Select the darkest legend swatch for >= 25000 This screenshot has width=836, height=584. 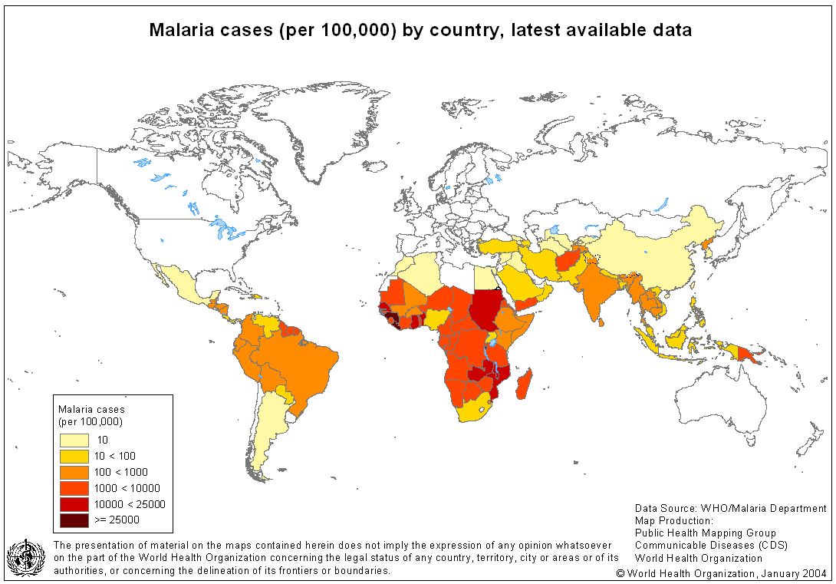pyautogui.click(x=74, y=520)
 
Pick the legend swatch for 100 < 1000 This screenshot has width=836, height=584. pyautogui.click(x=74, y=472)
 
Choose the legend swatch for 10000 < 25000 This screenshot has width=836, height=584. pyautogui.click(x=74, y=503)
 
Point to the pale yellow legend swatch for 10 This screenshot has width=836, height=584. pyautogui.click(x=74, y=440)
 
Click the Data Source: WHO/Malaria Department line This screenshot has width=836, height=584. pyautogui.click(x=730, y=508)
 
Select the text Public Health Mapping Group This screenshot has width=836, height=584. pyautogui.click(x=705, y=533)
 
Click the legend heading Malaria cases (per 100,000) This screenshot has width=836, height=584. pyautogui.click(x=91, y=415)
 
